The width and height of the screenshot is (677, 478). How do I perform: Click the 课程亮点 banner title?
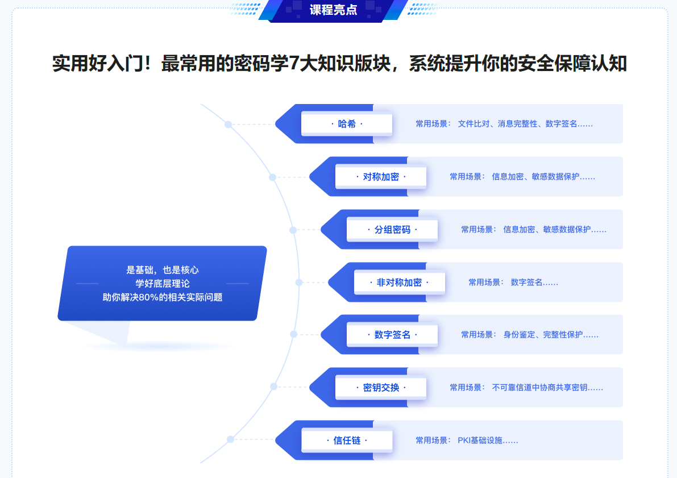click(333, 10)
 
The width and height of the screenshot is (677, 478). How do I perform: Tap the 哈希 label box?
click(347, 124)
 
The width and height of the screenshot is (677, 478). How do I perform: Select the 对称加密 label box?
click(381, 177)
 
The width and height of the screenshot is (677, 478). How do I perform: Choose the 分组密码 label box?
click(392, 230)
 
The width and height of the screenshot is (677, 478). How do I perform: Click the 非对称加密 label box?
click(400, 282)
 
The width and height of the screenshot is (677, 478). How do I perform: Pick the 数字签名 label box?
click(392, 335)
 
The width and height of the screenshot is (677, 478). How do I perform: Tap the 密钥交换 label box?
click(381, 388)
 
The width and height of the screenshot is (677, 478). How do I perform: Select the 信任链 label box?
click(347, 440)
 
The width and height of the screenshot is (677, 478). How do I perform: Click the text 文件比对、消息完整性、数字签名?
click(517, 124)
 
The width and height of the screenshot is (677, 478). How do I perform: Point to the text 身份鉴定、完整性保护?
click(543, 335)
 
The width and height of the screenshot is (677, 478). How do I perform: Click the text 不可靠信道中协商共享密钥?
click(539, 388)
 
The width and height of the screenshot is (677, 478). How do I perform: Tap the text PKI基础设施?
click(480, 440)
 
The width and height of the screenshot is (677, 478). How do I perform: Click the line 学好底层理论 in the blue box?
click(163, 284)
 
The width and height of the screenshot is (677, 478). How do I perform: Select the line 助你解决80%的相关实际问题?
click(163, 297)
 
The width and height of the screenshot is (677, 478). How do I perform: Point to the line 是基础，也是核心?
click(163, 270)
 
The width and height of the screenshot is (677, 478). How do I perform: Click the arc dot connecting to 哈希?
click(228, 124)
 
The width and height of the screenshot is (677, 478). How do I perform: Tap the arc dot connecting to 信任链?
click(231, 439)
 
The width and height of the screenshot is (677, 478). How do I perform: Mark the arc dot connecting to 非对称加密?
click(299, 282)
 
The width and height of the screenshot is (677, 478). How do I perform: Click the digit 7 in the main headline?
click(294, 64)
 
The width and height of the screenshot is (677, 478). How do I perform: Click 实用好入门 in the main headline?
click(97, 64)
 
